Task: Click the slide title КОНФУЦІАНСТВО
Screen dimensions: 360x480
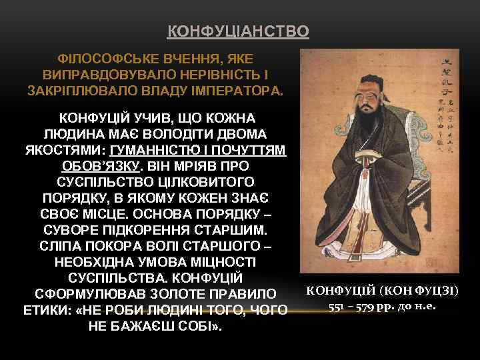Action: click(x=237, y=31)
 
